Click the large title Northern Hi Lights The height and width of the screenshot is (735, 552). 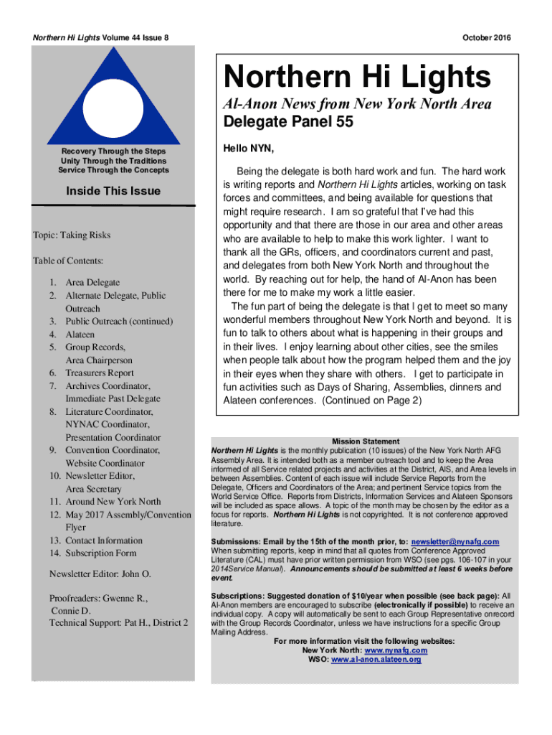point(357,77)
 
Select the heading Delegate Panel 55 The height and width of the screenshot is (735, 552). point(288,122)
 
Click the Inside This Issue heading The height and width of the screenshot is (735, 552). point(113,191)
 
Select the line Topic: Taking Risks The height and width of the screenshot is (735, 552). point(71,235)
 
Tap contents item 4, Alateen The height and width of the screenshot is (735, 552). point(80,334)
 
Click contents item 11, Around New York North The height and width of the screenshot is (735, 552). point(113,502)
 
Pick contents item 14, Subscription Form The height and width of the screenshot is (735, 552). point(100,553)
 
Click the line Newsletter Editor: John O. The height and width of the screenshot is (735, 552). point(100,574)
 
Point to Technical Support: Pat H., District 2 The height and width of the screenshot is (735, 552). point(118,622)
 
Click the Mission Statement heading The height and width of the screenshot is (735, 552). point(366,441)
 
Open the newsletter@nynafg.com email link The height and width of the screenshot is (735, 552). point(455,541)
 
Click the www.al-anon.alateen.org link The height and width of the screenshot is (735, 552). point(376,660)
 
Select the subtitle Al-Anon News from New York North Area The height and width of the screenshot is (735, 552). point(358,103)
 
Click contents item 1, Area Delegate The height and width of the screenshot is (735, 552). point(92,283)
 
